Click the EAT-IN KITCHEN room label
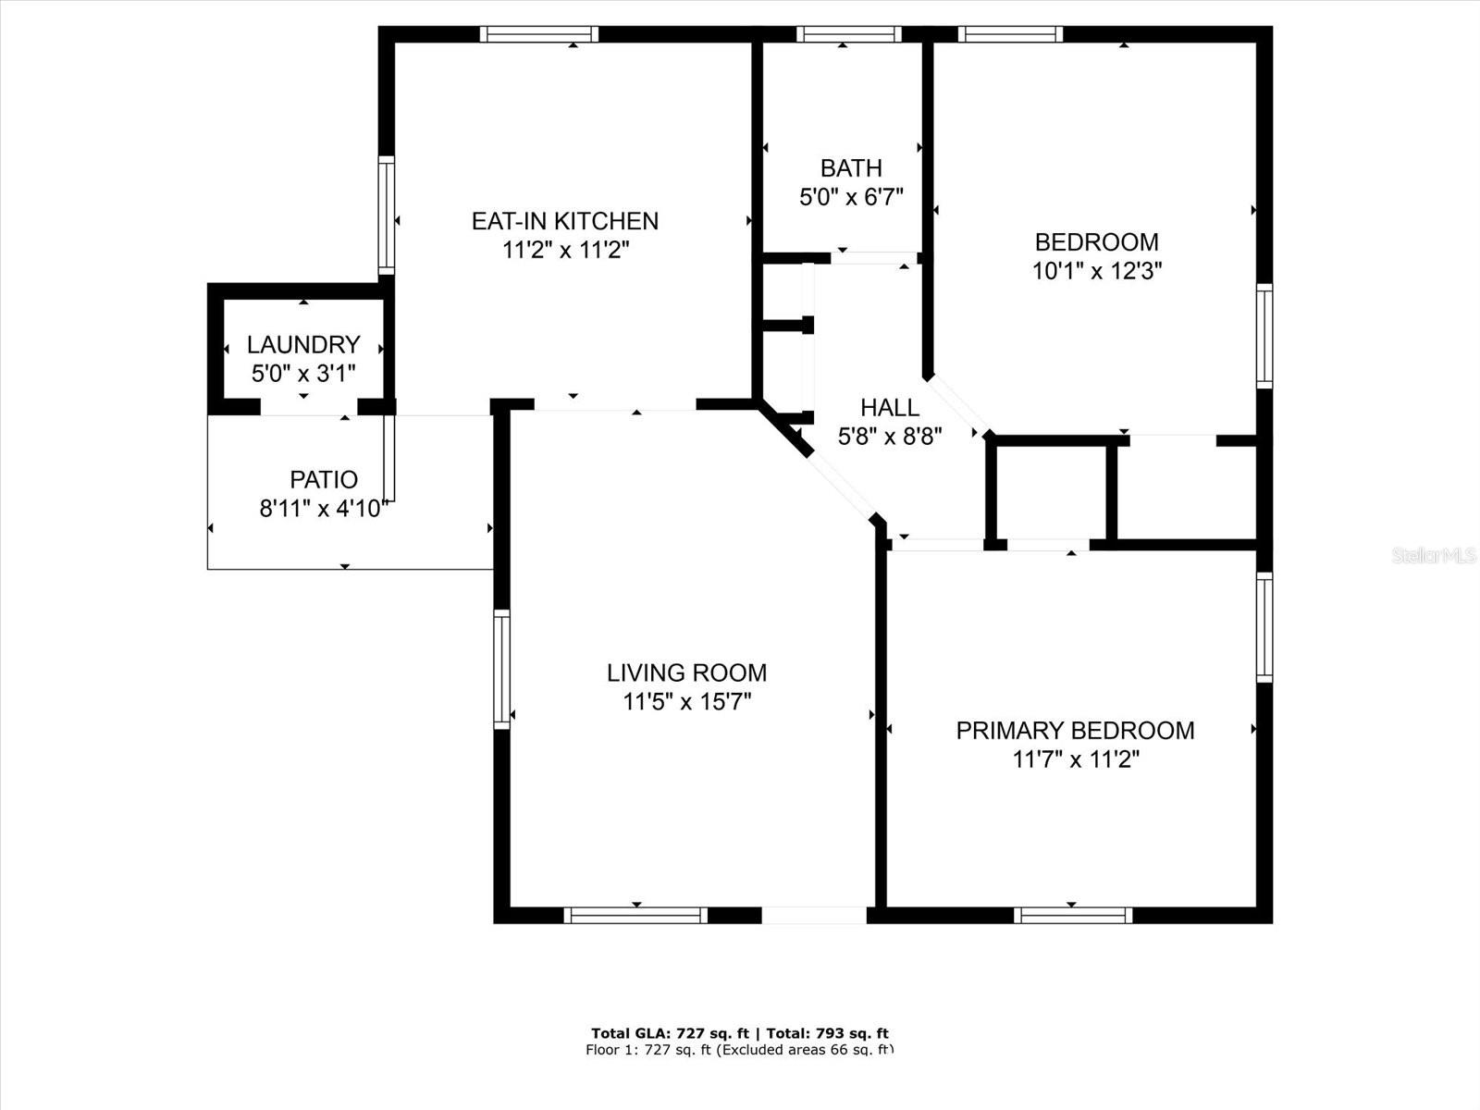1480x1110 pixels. coord(565,221)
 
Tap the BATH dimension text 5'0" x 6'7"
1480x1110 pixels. coord(851,197)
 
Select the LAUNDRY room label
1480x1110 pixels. coord(303,345)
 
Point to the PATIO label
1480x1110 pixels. coord(324,480)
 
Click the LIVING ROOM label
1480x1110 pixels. coord(686,672)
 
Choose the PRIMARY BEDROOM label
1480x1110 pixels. coord(1075,731)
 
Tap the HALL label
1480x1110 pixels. coord(889,408)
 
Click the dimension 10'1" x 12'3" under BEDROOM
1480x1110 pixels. coord(1097,271)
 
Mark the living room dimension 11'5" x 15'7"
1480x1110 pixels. coord(686,702)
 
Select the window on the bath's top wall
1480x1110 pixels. coord(848,34)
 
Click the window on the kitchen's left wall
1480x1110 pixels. coord(387,215)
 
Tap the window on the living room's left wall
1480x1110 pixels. coord(501,670)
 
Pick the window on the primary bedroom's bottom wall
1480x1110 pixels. coord(1073,915)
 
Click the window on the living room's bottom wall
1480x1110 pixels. coord(635,915)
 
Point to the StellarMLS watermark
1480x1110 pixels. coord(1433,555)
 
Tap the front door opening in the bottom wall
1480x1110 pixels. coord(814,915)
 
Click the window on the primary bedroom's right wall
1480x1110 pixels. coord(1264,627)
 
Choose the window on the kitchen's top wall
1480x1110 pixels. coord(539,34)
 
